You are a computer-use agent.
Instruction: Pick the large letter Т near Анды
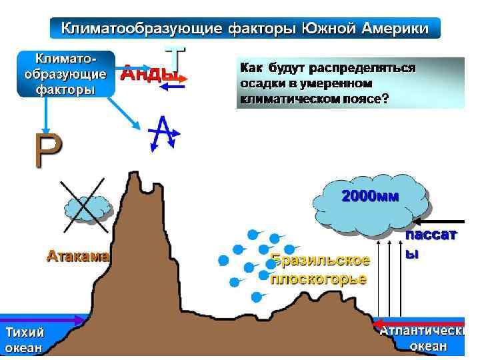click(x=175, y=57)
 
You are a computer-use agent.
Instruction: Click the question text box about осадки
click(x=351, y=83)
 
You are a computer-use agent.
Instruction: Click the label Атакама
click(x=78, y=255)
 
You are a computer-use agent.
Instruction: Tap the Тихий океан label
click(x=25, y=339)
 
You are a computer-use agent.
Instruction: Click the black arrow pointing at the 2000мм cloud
click(x=439, y=221)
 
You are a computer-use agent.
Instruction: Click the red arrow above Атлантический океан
click(x=420, y=320)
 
